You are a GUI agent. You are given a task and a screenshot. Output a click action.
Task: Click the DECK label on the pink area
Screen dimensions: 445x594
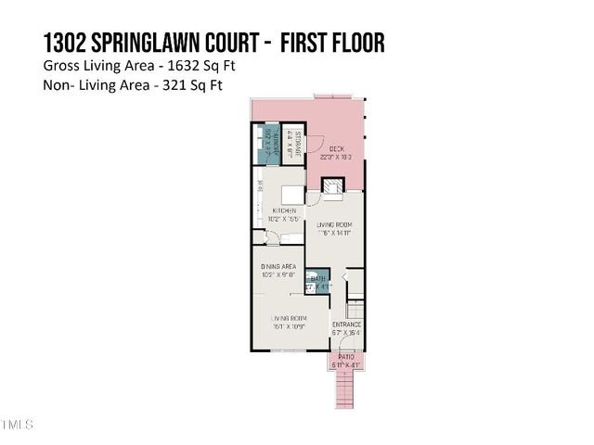pos(337,148)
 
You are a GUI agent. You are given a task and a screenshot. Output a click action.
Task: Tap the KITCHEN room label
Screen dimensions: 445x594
pos(284,212)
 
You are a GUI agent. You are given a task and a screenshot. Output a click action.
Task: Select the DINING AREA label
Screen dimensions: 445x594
pos(278,266)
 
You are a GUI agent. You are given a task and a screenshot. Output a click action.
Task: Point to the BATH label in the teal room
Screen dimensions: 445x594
pos(317,278)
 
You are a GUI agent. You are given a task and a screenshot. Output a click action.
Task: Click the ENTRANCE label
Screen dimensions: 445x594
pos(346,324)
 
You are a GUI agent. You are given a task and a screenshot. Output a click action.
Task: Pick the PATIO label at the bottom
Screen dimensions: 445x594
pos(345,357)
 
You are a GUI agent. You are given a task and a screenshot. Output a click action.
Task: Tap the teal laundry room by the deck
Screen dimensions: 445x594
pos(265,144)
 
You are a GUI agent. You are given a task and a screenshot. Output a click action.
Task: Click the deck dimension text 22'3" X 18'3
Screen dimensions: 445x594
pos(337,157)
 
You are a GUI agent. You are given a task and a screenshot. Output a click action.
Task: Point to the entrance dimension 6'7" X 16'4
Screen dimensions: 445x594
pos(346,332)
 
